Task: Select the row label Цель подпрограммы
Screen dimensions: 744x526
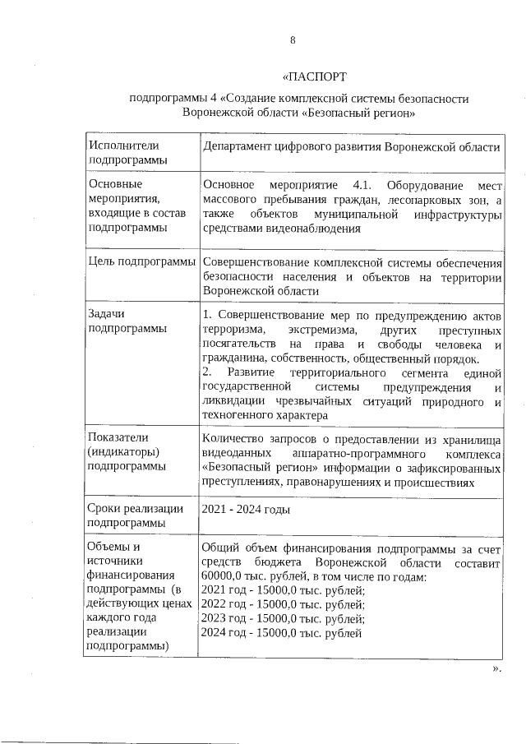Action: click(x=137, y=262)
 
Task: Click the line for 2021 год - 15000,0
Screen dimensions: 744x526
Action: click(x=282, y=591)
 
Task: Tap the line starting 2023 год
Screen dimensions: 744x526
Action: click(x=282, y=619)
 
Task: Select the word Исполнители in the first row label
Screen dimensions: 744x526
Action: click(x=122, y=146)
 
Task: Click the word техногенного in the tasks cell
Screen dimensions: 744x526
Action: click(x=236, y=416)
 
